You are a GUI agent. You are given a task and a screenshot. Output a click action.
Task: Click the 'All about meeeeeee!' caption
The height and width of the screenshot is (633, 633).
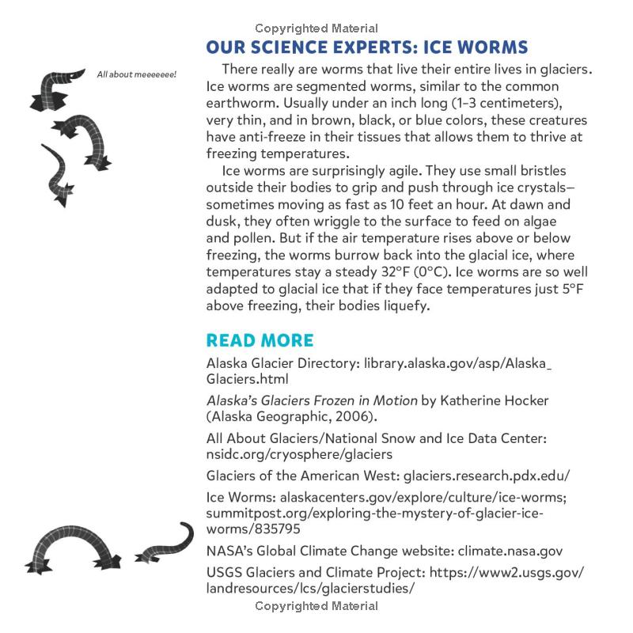coord(136,75)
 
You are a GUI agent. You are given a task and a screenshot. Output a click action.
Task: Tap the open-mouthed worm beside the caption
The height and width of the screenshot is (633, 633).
coord(55,86)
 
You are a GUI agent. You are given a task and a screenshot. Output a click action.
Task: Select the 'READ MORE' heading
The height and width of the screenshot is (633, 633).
coord(260,340)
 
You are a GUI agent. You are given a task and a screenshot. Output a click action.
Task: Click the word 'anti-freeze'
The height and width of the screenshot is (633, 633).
coord(271,137)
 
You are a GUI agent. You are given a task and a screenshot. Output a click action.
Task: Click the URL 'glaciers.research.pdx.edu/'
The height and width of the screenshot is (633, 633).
coord(487,476)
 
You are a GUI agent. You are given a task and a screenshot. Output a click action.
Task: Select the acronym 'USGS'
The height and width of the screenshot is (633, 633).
coord(225,572)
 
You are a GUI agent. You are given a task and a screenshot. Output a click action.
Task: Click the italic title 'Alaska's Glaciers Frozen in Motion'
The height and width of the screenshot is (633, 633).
coord(310,400)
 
